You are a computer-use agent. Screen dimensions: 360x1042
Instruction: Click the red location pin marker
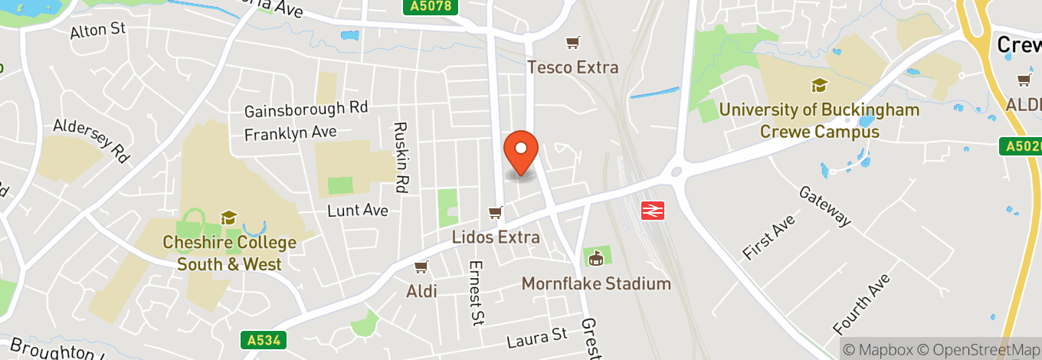521,151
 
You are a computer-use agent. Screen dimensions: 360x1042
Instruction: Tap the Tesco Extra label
572,67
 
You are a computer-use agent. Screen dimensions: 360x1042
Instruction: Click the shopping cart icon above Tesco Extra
572,42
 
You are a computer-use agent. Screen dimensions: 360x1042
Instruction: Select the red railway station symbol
652,209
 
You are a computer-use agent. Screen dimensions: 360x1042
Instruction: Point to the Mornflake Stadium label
596,283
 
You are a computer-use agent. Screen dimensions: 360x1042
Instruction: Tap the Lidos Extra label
496,237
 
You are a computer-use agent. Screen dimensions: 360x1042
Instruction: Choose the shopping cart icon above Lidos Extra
496,212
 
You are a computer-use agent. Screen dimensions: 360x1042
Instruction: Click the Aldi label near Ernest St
421,291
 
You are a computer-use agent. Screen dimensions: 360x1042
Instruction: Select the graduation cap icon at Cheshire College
228,219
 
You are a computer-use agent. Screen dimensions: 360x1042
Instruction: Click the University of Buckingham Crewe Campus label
819,120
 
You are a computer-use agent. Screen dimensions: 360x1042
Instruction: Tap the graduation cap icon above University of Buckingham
819,85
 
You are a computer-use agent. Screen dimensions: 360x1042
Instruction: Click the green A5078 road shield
430,7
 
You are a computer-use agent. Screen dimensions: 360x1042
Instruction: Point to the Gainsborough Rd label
306,109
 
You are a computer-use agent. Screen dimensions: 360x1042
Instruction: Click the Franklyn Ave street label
290,133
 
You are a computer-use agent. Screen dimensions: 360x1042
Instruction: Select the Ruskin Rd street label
400,156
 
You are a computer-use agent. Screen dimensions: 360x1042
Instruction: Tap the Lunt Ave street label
358,210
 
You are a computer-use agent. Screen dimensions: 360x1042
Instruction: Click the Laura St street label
537,335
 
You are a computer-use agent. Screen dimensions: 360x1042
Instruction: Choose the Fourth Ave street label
863,303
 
